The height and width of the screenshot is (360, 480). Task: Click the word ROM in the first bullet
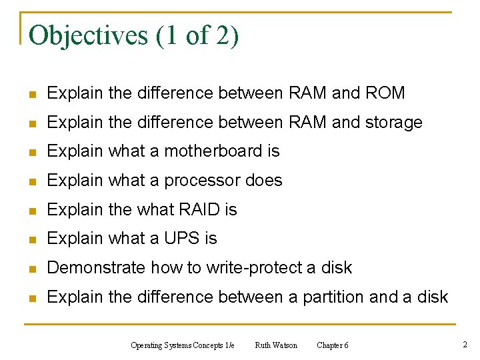(x=385, y=93)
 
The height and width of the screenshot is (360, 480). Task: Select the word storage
(x=393, y=123)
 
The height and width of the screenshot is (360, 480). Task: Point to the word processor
(x=202, y=181)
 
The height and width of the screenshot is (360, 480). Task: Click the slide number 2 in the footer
(x=465, y=345)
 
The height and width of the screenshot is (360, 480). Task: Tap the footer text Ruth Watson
(x=276, y=345)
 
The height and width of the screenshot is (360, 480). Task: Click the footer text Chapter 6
(x=332, y=345)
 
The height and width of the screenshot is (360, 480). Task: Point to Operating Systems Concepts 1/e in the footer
(x=183, y=345)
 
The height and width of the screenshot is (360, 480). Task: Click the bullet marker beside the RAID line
(x=32, y=210)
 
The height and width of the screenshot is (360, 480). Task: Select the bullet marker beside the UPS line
(x=32, y=239)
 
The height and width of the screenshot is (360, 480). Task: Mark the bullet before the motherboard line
(x=32, y=152)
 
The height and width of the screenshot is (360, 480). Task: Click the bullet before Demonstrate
(x=32, y=268)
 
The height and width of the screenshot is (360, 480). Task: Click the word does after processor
(x=264, y=181)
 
